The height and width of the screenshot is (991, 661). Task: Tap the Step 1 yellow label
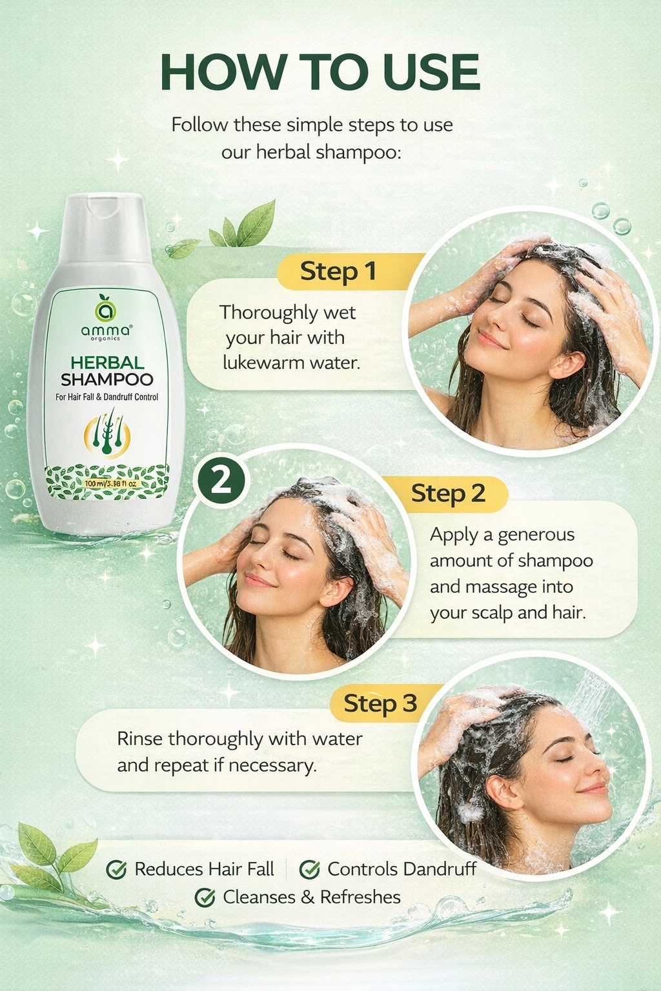coord(338,272)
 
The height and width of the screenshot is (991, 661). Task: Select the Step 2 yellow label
coord(448,494)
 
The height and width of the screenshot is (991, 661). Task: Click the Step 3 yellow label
coord(380,703)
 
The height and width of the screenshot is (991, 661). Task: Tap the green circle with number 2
coord(221,481)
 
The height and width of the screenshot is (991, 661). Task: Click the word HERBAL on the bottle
coord(107,363)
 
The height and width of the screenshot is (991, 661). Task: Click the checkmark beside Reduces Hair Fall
coord(116,870)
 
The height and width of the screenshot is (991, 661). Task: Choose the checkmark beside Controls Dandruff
coord(310,870)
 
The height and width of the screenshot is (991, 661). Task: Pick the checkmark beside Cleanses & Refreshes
coord(205,897)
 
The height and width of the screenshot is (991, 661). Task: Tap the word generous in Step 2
coord(536,535)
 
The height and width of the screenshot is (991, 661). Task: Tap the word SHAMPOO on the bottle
coord(107,379)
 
